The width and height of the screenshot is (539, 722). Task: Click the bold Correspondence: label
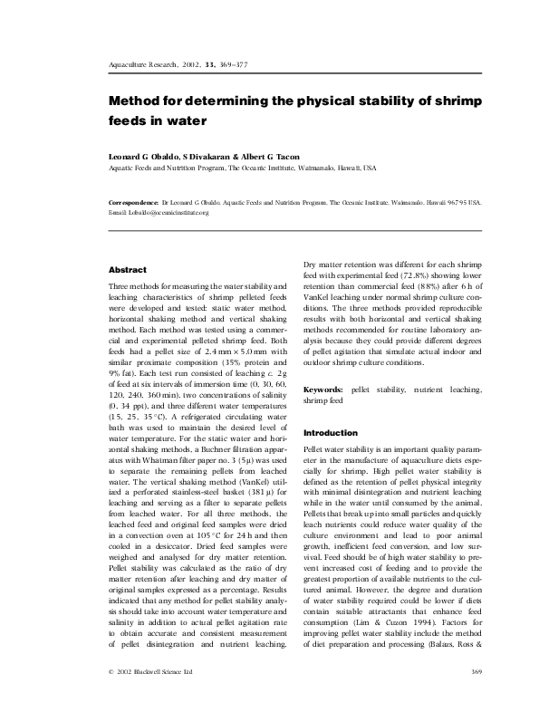pos(132,204)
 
